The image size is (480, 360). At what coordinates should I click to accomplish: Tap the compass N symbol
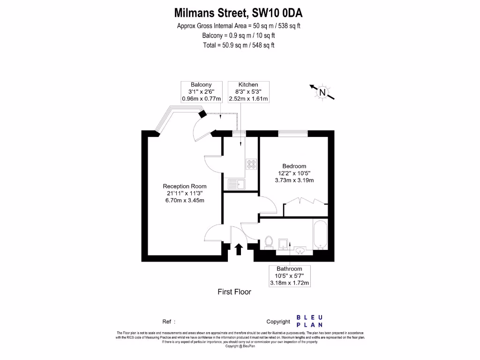[x=322, y=92]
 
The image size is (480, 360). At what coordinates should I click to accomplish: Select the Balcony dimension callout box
[x=201, y=92]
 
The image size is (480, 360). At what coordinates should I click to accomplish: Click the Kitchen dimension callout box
[x=248, y=92]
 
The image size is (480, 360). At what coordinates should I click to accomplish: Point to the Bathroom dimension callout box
[x=290, y=276]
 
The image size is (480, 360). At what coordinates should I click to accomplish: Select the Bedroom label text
[x=294, y=166]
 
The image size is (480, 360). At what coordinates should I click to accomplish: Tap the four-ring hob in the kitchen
[x=251, y=164]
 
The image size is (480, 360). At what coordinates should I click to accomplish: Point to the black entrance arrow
[x=238, y=249]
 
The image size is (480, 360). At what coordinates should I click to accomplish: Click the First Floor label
[x=234, y=292]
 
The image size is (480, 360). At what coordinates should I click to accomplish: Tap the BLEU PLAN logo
[x=309, y=321]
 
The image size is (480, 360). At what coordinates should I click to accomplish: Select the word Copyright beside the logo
[x=278, y=322]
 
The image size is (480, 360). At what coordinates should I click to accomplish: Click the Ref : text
[x=169, y=322]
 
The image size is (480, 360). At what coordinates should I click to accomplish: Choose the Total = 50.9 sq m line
[x=239, y=45]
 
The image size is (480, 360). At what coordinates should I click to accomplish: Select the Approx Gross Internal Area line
[x=239, y=26]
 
